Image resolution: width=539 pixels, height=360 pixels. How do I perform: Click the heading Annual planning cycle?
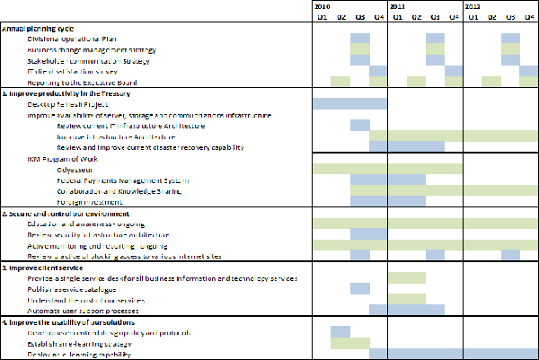coord(38,28)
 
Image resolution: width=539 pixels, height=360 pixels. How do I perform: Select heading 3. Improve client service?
coord(43,268)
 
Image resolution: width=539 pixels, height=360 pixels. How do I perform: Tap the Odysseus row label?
coord(73,168)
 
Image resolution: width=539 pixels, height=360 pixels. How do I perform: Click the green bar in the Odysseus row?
coord(387,168)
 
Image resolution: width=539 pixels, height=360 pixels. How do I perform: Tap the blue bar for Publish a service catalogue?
coord(359,289)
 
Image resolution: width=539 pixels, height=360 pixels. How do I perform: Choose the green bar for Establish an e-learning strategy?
coord(349,343)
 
